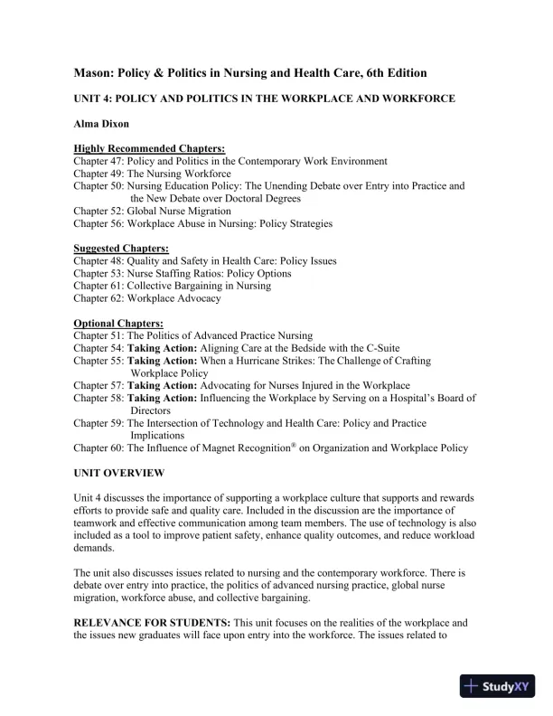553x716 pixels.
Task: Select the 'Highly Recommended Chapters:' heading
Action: (x=149, y=148)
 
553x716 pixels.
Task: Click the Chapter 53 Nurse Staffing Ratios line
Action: (x=182, y=273)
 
